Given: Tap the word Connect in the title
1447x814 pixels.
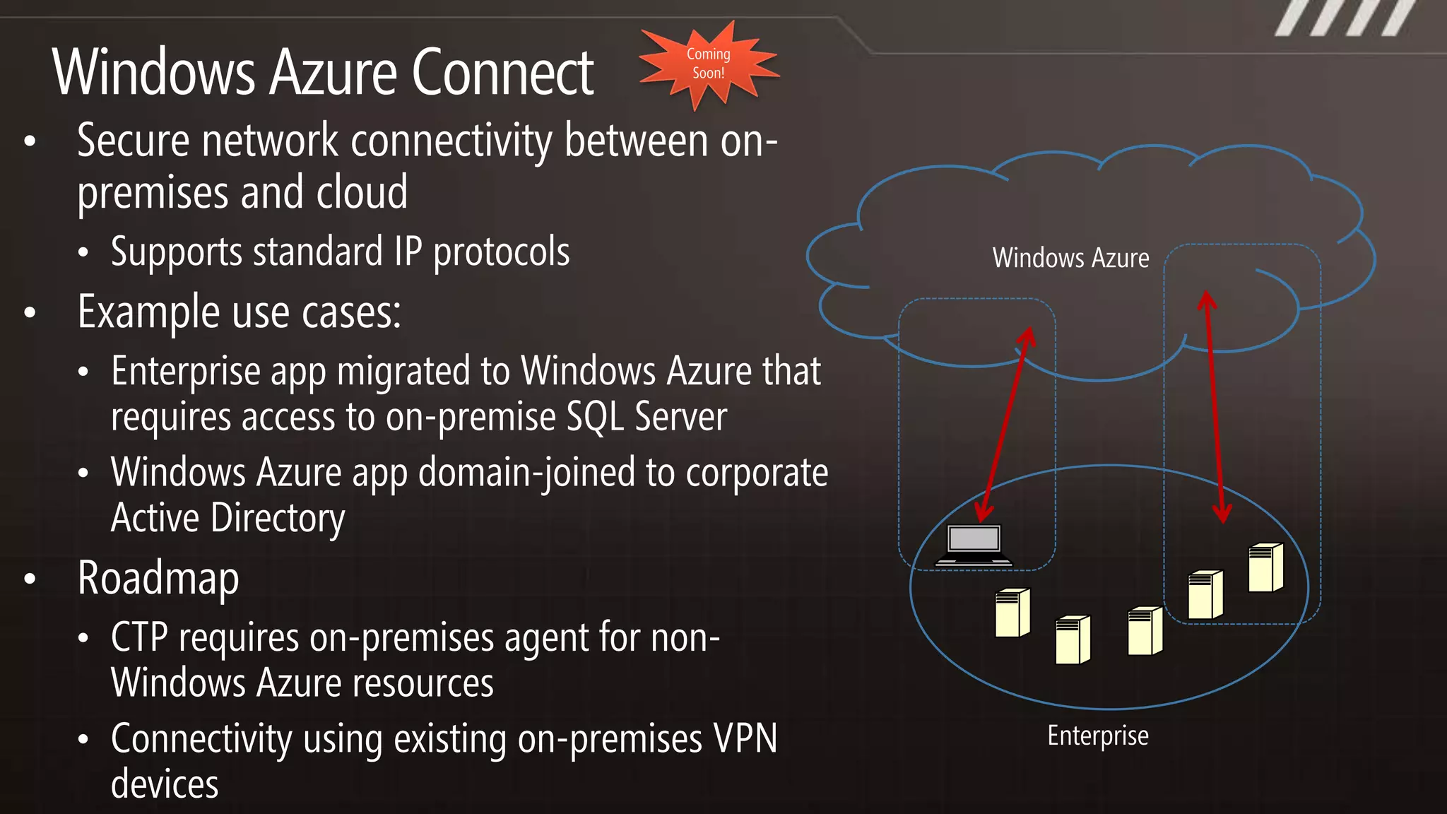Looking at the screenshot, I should pos(502,73).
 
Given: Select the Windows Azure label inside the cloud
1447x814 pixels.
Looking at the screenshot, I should pos(1070,258).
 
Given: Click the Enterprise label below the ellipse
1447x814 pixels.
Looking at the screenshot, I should pos(1097,736).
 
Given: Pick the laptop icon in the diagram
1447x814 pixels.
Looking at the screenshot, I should pos(974,545).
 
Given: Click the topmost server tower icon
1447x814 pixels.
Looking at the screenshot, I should pos(1265,567).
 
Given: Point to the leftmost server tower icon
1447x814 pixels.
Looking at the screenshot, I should pos(1012,613).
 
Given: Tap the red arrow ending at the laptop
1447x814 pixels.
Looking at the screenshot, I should pos(1005,424).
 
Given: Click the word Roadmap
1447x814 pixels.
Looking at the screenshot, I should pos(158,578).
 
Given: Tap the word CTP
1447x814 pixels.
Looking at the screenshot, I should pos(139,637).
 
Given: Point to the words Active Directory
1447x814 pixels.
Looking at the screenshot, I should pos(228,518).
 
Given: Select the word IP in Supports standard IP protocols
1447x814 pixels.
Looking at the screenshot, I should pos(408,252).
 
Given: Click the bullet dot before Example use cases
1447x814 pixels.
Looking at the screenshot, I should pos(30,312).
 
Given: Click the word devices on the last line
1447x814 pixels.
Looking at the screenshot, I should pos(165,784).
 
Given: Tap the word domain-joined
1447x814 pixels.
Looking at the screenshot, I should pos(526,473).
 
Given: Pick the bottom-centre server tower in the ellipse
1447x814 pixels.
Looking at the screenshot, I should pos(1073,640).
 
